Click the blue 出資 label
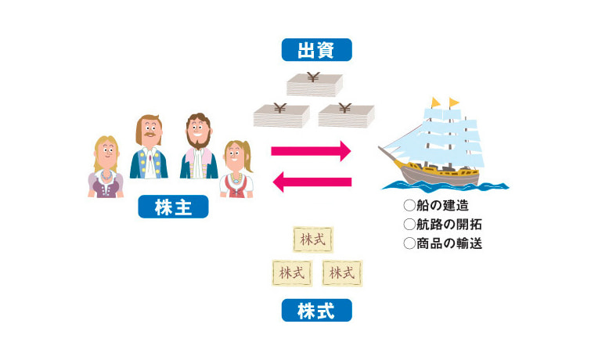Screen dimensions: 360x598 click(316, 50)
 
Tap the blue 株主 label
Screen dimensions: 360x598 click(173, 207)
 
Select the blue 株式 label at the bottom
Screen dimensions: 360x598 click(316, 311)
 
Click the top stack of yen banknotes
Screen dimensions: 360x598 click(314, 85)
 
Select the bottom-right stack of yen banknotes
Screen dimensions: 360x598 click(346, 114)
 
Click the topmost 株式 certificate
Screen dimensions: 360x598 click(312, 239)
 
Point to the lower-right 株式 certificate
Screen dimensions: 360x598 click(342, 273)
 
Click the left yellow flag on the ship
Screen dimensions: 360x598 click(435, 103)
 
